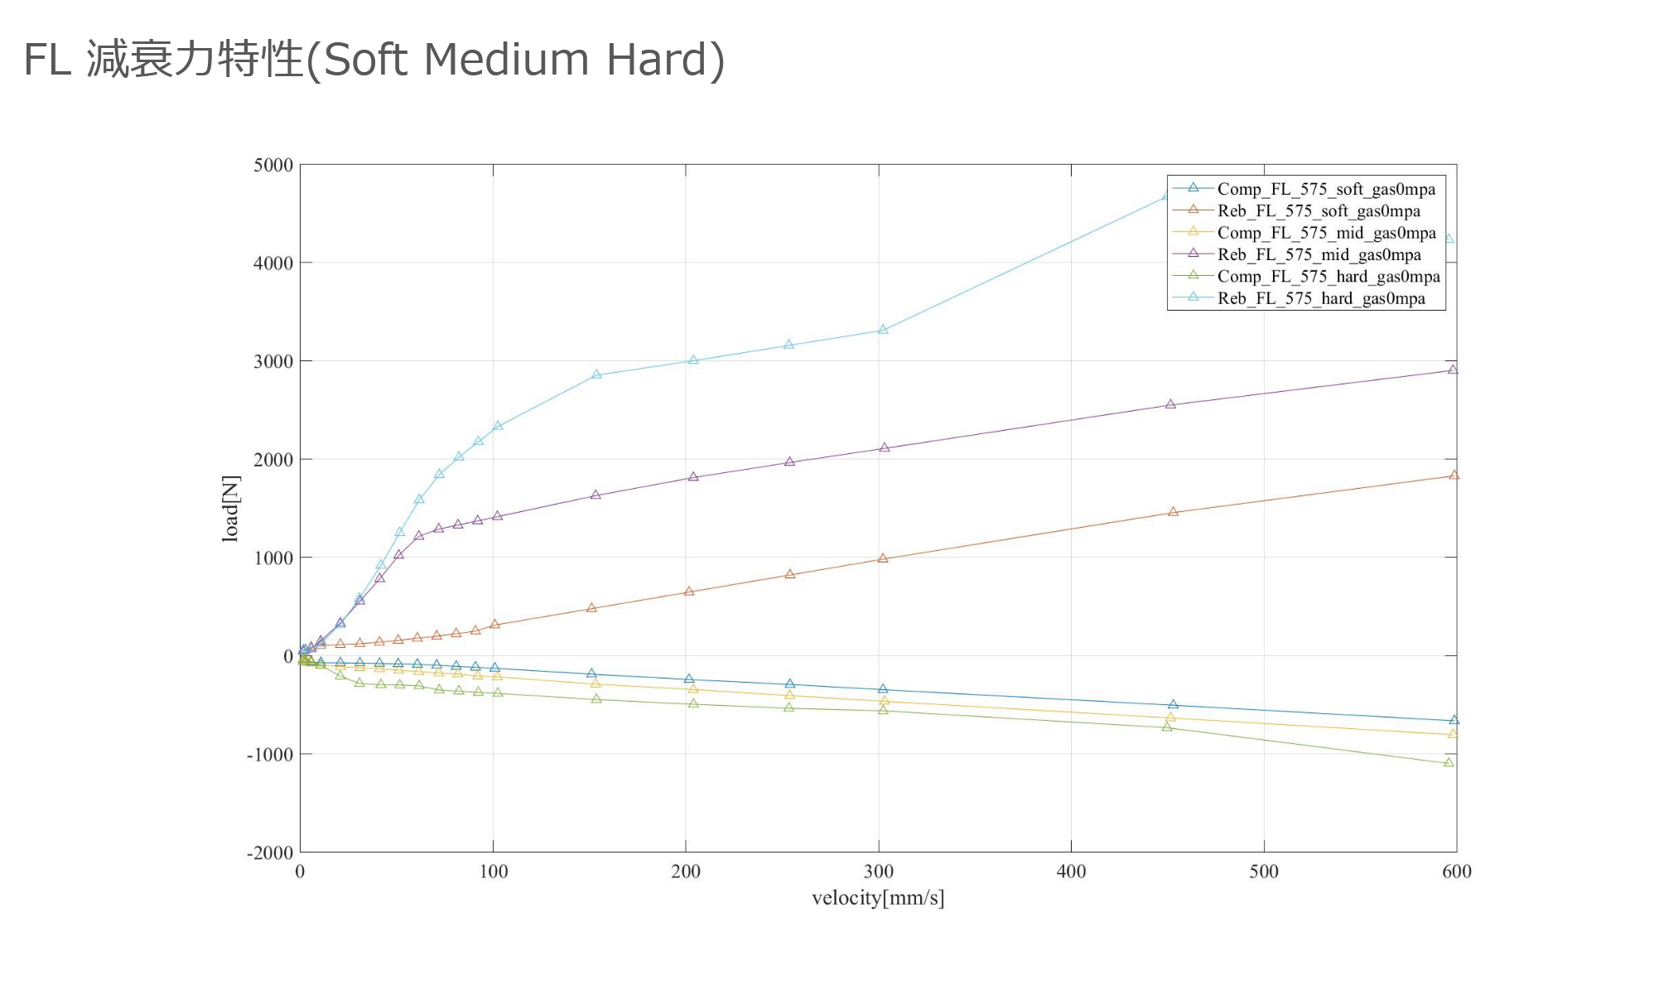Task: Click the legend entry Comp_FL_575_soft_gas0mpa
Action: [1325, 189]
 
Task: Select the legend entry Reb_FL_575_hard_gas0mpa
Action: [1320, 298]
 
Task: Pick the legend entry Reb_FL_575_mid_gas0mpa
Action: [1319, 254]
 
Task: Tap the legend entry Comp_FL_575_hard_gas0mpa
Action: [1328, 277]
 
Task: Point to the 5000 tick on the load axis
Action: [273, 165]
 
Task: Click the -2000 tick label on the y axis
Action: [270, 853]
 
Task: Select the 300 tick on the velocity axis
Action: [879, 872]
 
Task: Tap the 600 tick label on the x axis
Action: [1456, 872]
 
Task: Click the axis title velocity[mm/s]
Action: [878, 898]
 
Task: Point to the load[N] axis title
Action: [230, 509]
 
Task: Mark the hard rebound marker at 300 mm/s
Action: [883, 329]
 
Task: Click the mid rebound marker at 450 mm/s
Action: [1170, 404]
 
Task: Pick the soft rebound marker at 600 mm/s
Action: [1454, 475]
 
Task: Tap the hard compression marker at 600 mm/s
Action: [1449, 762]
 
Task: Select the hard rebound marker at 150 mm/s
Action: [596, 374]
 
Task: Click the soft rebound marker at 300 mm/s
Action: [883, 558]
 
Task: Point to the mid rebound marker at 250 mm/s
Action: [789, 461]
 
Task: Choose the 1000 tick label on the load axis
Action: [273, 558]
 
